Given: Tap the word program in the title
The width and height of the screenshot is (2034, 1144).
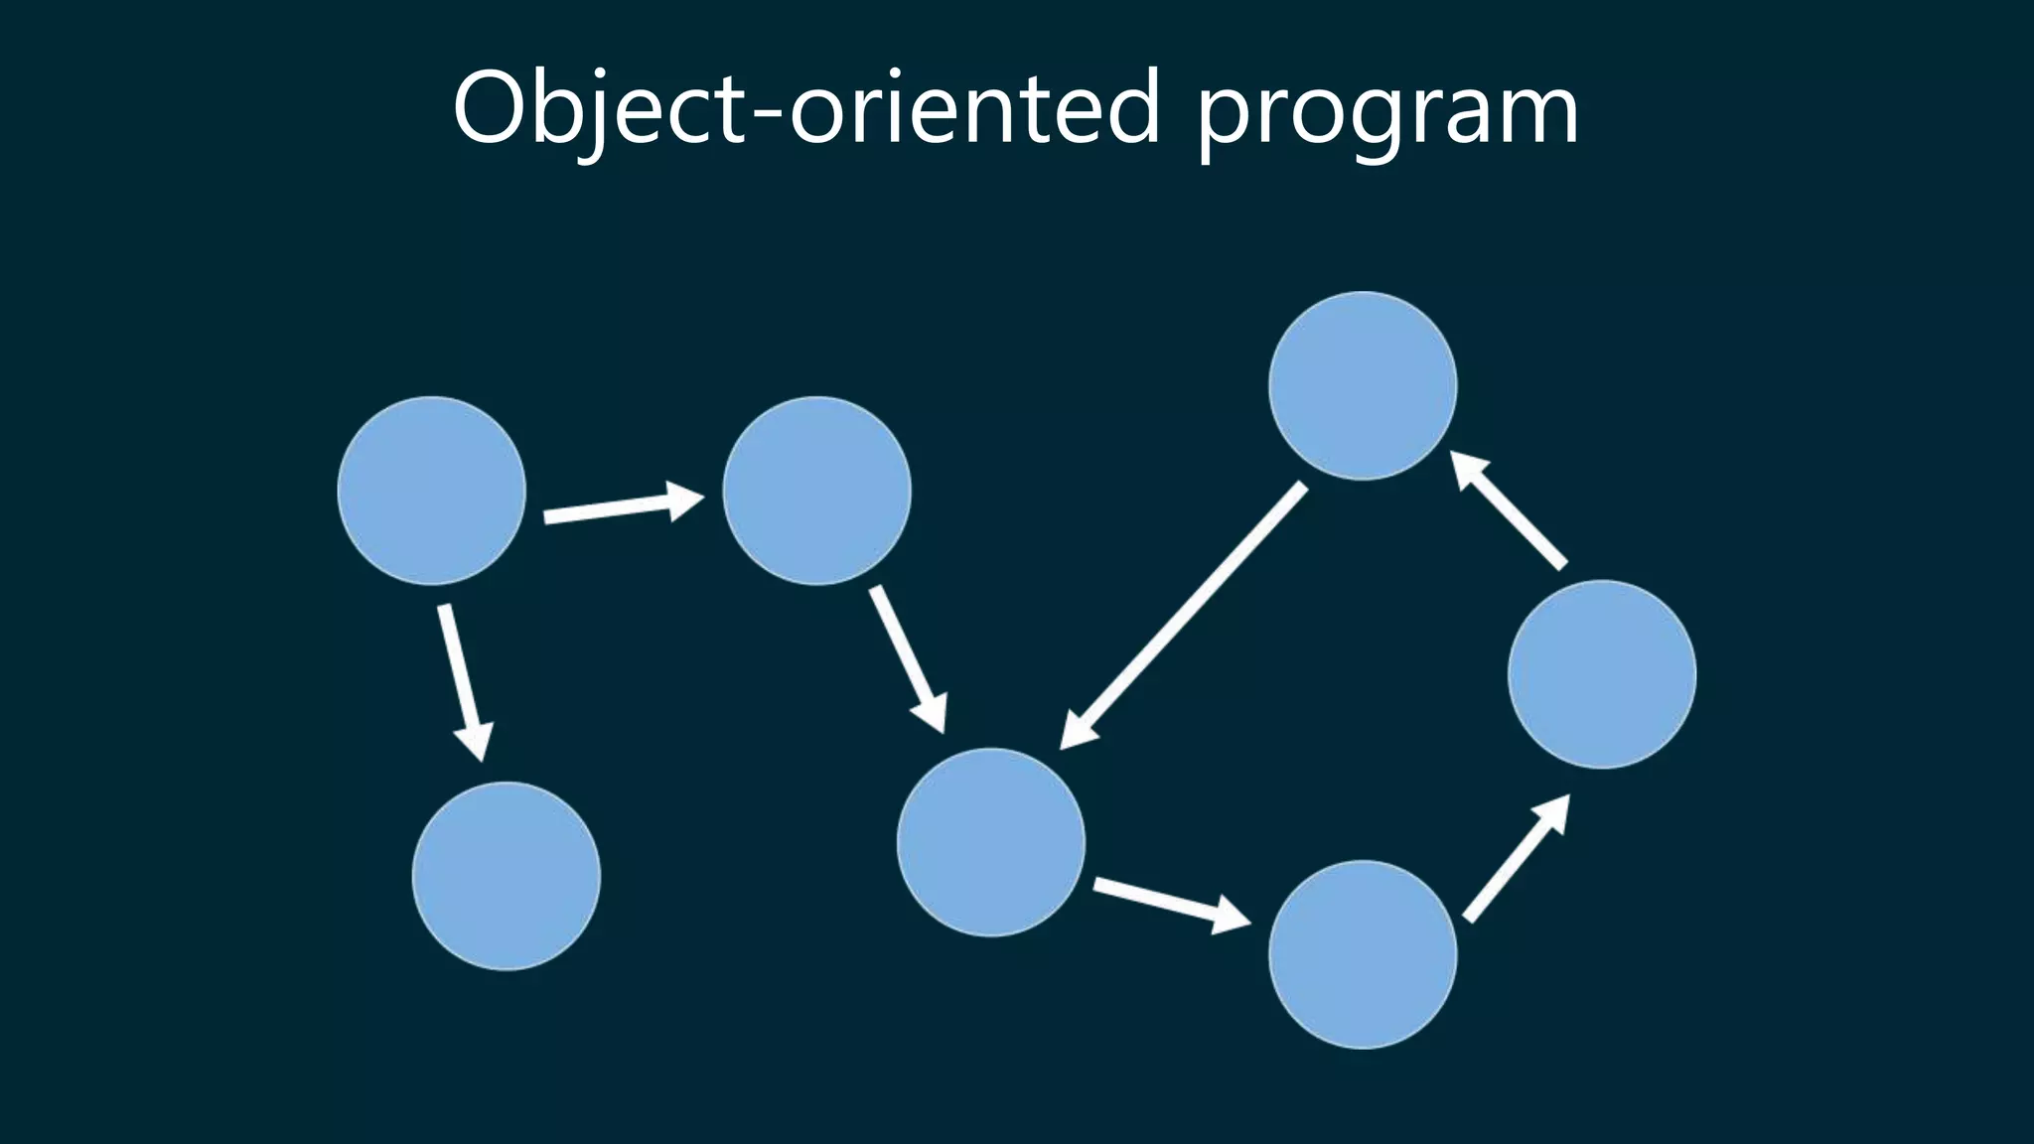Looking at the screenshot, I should pyautogui.click(x=1386, y=114).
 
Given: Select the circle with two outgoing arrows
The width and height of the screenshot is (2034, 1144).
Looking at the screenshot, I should pyautogui.click(x=431, y=491).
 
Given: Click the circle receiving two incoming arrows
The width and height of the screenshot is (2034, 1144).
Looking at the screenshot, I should pyautogui.click(x=990, y=842).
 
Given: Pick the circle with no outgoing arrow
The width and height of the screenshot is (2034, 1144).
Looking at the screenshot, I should pyautogui.click(x=506, y=876).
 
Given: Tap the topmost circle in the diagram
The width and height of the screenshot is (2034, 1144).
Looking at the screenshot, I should pyautogui.click(x=1363, y=385).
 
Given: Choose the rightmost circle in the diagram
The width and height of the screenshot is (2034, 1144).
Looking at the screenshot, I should pyautogui.click(x=1601, y=674).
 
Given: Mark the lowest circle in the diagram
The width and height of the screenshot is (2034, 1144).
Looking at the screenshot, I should pyautogui.click(x=1363, y=954).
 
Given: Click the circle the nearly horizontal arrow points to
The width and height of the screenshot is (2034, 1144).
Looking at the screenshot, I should pyautogui.click(x=816, y=491).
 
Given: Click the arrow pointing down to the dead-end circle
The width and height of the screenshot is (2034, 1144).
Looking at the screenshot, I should pyautogui.click(x=464, y=680).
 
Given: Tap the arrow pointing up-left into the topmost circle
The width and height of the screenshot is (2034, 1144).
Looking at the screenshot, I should pyautogui.click(x=1510, y=510).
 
